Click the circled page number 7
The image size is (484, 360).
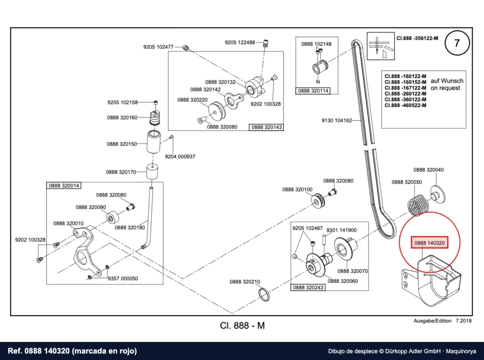tap(457, 43)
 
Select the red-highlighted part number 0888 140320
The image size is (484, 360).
tap(429, 243)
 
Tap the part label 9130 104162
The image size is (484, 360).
tap(337, 120)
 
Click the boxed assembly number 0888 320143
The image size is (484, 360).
tap(267, 127)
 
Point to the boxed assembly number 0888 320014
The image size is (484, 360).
tap(64, 185)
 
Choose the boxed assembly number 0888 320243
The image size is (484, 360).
tap(308, 287)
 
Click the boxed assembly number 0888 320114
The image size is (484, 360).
tap(313, 91)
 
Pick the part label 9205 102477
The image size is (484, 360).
tap(158, 47)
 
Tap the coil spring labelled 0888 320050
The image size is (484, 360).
tap(418, 204)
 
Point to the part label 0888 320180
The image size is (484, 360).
tap(130, 228)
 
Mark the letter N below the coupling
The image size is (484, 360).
tap(318, 82)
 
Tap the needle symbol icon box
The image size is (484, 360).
tap(380, 46)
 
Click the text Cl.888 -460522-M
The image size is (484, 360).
tap(405, 105)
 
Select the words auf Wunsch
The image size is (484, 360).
tap(447, 81)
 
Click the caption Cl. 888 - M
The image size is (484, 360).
tap(242, 326)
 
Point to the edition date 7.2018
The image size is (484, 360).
tap(464, 321)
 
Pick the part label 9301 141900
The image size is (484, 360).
tap(341, 230)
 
